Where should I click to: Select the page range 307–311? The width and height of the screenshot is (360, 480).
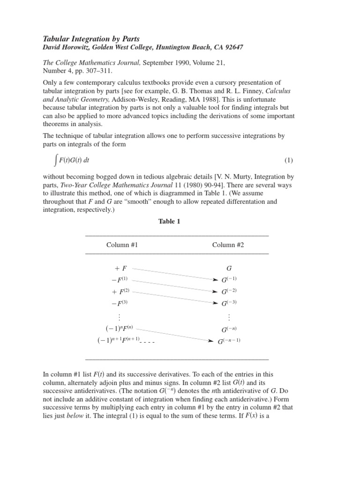coord(111,71)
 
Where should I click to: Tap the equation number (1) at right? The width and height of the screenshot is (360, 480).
coord(288,160)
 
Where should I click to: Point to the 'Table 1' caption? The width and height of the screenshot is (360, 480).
coord(170,222)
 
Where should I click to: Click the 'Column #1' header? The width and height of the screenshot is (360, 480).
coord(122,245)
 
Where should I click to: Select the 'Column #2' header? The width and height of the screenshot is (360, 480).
coord(228,245)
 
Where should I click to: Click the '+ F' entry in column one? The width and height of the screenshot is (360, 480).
coord(120,269)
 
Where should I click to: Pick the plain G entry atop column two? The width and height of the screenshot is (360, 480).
coord(229,269)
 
